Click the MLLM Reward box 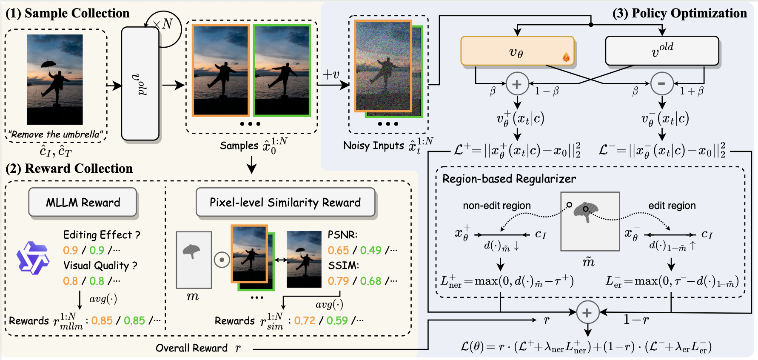(x=83, y=203)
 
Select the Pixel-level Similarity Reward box (x=285, y=203)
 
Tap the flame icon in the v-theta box (x=566, y=57)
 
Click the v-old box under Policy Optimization (x=662, y=51)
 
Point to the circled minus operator (x=661, y=84)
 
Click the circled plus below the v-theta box (x=517, y=84)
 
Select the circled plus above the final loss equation (x=587, y=313)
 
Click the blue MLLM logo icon (x=32, y=258)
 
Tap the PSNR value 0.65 (x=338, y=250)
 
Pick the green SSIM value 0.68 (x=370, y=281)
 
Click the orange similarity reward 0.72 (x=305, y=320)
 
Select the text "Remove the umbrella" (x=56, y=134)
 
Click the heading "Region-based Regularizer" (x=509, y=179)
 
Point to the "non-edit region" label (x=496, y=206)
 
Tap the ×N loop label (x=163, y=24)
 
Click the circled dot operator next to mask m (x=222, y=260)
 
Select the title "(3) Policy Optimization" (x=679, y=13)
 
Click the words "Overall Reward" (x=191, y=348)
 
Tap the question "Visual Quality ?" (x=100, y=266)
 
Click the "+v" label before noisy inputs (x=331, y=74)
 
